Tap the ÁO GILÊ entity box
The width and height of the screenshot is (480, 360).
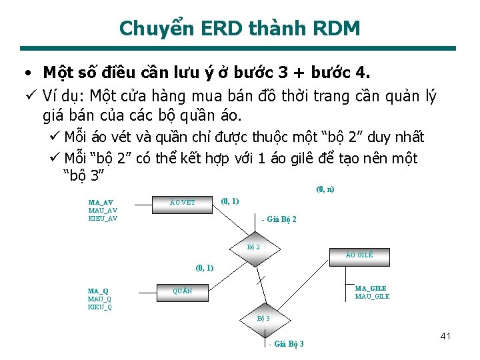[x=360, y=255]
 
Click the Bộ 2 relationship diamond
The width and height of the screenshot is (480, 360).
[x=253, y=247]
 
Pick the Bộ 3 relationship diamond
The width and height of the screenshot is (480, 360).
[x=263, y=318]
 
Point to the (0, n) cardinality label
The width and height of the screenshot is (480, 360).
[x=325, y=189]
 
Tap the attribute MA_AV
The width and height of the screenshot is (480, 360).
[x=101, y=202]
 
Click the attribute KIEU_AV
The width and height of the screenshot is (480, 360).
[x=103, y=218]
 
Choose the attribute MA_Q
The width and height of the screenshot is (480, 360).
[x=98, y=291]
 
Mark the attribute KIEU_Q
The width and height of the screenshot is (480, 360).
[x=100, y=307]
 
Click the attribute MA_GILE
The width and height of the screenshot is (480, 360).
[x=371, y=288]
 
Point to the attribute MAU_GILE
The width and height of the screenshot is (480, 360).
[x=372, y=296]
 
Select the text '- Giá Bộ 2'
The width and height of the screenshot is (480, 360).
[x=279, y=219]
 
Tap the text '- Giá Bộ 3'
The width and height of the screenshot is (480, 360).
[x=286, y=344]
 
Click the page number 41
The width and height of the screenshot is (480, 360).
[x=445, y=336]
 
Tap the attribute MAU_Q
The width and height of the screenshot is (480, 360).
[x=99, y=299]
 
